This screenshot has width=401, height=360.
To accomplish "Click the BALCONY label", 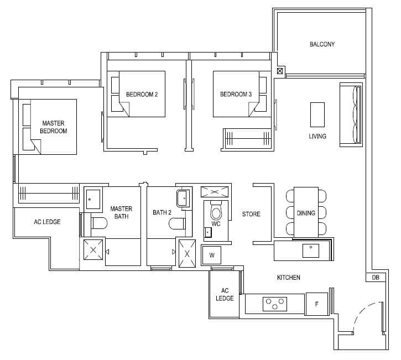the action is [322, 44].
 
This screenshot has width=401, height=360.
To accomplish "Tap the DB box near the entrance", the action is [376, 278].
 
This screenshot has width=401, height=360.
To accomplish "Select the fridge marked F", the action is [316, 304].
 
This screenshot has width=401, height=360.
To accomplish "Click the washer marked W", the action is [211, 255].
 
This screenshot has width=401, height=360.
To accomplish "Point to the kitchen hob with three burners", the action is [275, 304].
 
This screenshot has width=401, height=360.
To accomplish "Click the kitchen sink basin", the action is [311, 251].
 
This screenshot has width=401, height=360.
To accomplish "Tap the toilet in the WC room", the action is [216, 210].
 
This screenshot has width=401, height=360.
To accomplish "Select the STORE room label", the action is [251, 214].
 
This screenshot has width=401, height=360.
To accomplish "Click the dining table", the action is [306, 212].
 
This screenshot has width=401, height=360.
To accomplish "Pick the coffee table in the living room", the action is [317, 115].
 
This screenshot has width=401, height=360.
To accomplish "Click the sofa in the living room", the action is [351, 114].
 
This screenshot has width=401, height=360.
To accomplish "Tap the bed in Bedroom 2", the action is [142, 94].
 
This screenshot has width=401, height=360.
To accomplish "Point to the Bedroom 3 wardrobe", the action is [247, 138].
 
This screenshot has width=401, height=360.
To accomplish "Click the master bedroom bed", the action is [54, 127].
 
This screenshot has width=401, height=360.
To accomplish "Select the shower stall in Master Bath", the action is [93, 250].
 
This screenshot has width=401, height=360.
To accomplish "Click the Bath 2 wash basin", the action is [183, 199].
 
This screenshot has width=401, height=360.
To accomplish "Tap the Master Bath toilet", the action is [99, 223].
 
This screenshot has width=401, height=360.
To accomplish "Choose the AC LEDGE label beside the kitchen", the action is [225, 294].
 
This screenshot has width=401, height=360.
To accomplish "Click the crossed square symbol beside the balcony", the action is [280, 71].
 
